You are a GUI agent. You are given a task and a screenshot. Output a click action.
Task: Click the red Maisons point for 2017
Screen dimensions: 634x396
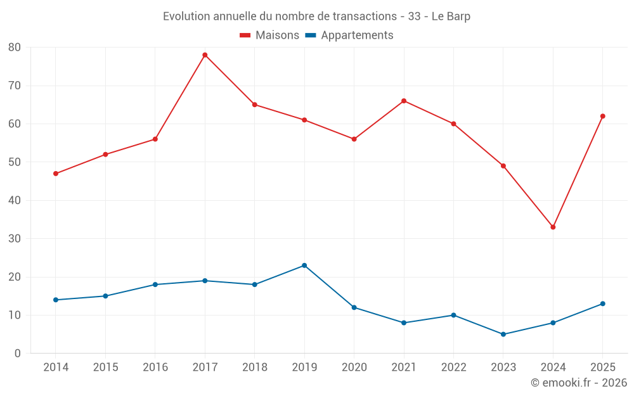[205, 55]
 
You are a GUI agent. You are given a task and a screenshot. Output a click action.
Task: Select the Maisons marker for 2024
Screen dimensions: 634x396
[553, 227]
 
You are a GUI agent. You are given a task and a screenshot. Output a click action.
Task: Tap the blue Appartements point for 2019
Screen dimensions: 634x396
[304, 265]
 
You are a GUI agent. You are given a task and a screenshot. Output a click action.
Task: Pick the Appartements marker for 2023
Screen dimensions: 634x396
[503, 334]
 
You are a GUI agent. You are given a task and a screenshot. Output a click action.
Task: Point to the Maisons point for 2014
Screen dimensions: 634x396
[56, 174]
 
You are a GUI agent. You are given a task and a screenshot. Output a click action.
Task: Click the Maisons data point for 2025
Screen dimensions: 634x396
[603, 117]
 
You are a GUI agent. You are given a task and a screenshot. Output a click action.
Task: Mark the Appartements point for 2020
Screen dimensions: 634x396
[354, 307]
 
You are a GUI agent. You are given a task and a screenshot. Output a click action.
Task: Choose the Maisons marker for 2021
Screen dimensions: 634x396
[404, 101]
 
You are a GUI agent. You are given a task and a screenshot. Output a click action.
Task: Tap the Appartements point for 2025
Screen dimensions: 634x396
[603, 304]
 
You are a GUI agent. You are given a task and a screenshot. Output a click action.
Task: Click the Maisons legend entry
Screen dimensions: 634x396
[269, 35]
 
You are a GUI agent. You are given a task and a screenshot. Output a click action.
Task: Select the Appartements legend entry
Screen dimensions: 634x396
[349, 35]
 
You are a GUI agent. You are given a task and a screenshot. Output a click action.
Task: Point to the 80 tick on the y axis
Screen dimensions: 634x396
[15, 48]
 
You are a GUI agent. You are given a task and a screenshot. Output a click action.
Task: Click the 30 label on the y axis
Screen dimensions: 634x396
[15, 238]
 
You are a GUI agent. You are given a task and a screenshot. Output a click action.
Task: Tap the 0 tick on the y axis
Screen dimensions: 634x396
[17, 353]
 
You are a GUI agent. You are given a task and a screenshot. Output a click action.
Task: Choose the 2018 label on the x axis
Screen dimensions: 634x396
[255, 367]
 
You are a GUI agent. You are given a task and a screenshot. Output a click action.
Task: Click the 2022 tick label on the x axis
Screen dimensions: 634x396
[454, 367]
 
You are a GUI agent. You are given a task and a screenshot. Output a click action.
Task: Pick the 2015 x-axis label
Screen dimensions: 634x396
[105, 367]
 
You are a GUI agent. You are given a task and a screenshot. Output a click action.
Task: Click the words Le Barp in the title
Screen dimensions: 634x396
[451, 16]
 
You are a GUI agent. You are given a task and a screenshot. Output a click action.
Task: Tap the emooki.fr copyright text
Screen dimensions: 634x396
[579, 382]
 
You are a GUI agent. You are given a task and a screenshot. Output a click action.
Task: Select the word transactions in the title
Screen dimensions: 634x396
[365, 16]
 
